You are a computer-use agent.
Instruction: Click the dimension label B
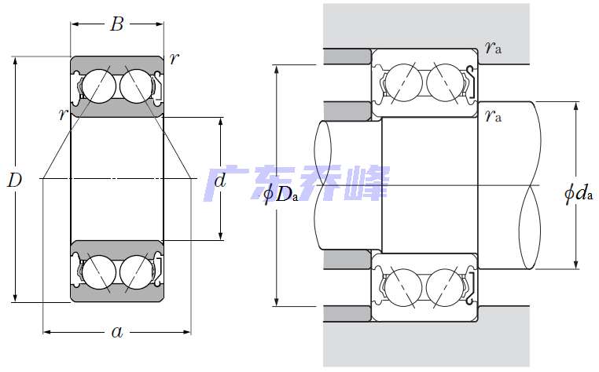(x=116, y=24)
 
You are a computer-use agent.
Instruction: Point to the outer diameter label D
(x=14, y=181)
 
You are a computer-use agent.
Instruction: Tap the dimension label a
(x=117, y=332)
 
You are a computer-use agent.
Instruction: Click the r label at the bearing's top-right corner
(x=173, y=57)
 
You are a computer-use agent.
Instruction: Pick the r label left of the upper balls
(x=61, y=115)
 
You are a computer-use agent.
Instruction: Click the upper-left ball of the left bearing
(x=99, y=84)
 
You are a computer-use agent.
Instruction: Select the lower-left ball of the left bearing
(x=99, y=272)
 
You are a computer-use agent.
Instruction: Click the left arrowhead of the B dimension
(x=74, y=24)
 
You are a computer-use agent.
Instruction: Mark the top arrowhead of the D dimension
(x=14, y=60)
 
